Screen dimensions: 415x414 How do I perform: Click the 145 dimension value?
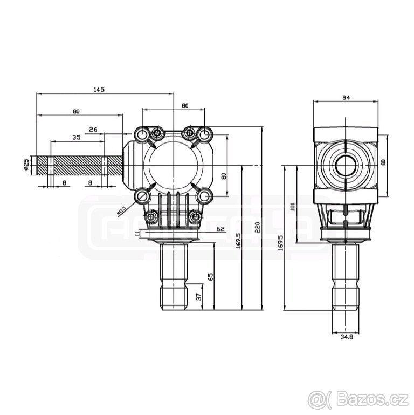[x=99, y=89]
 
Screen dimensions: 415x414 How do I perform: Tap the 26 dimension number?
[x=93, y=130]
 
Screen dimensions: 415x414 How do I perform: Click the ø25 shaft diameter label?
[x=26, y=165]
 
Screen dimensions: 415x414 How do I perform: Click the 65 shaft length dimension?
[x=211, y=277]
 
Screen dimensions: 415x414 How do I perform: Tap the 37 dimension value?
[x=199, y=297]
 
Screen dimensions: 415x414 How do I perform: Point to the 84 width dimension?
[x=347, y=98]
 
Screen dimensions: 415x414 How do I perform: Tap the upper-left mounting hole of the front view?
[x=142, y=133]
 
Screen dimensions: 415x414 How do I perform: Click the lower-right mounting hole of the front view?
[x=204, y=195]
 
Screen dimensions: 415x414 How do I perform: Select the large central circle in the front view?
[x=174, y=165]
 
